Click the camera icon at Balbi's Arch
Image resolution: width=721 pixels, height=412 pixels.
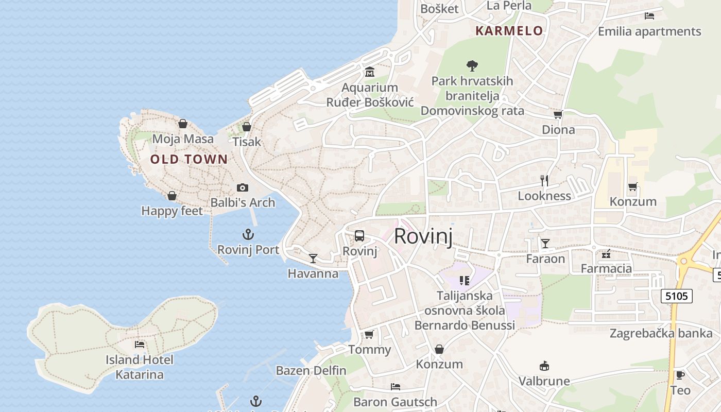coord(243,187)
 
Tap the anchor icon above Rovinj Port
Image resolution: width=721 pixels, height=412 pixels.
coord(248,235)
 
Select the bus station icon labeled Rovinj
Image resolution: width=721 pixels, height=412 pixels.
coord(359,236)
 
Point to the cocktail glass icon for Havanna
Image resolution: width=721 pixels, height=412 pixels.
coord(313,258)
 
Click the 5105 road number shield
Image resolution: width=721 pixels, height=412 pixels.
coord(677,296)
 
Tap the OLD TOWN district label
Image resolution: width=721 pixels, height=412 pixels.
coord(189,160)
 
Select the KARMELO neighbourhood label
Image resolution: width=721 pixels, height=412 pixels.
coord(509,31)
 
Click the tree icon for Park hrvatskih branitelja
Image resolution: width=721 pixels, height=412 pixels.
coord(472,66)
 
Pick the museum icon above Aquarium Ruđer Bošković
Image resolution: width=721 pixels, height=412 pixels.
coord(369,72)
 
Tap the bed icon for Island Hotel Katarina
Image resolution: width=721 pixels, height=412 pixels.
coord(140,344)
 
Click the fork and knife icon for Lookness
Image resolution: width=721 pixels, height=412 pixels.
coord(544,180)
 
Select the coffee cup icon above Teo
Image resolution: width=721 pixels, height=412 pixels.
coord(680,375)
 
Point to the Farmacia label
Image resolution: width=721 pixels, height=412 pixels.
coord(606,268)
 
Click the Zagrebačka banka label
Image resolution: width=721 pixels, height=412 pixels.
coord(661,333)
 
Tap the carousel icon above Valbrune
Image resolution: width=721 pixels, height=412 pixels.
coord(544,366)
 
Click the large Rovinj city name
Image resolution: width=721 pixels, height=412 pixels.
coord(423,236)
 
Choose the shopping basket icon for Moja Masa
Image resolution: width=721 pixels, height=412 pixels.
coord(182,124)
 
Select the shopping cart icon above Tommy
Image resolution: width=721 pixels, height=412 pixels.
coord(369,335)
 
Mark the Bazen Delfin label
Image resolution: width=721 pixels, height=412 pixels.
coord(311,370)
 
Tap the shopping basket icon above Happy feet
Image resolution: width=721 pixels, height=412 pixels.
coord(172,196)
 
